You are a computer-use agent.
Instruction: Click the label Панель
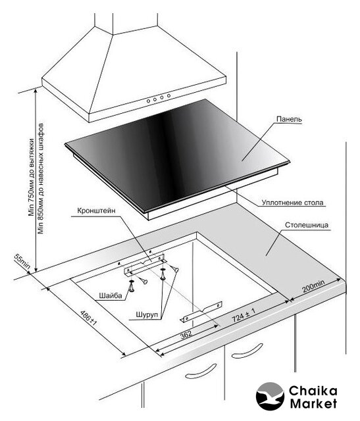tap(289, 119)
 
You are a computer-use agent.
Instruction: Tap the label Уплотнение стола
tap(293, 203)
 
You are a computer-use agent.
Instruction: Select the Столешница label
tap(307, 225)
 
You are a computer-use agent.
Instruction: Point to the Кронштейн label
tap(96, 210)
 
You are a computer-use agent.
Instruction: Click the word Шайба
tap(111, 295)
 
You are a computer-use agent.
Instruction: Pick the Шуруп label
tap(147, 314)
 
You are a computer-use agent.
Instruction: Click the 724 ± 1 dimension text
tap(244, 315)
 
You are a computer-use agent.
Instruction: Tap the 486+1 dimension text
tap(89, 318)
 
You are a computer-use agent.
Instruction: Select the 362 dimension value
tap(186, 334)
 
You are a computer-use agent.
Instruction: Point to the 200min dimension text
tap(313, 286)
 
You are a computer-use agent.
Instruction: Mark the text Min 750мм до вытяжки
tap(32, 178)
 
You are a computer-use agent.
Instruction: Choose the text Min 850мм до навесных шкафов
tap(41, 178)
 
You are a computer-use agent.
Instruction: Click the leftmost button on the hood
tap(148, 101)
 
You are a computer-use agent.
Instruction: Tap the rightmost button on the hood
tap(168, 95)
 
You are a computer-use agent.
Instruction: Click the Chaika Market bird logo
tap(270, 396)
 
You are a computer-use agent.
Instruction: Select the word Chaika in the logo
tap(313, 391)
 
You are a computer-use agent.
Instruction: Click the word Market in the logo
tap(313, 403)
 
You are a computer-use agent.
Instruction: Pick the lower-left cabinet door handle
tap(201, 372)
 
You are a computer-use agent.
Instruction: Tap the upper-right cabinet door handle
tap(247, 351)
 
